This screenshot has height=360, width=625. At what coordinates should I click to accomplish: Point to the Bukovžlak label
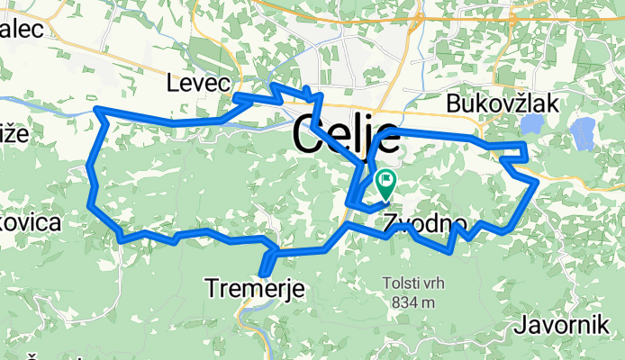coord(503,103)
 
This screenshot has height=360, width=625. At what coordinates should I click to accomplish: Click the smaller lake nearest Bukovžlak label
coord(533,123)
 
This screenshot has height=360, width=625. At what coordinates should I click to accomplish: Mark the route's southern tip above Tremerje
coord(263,274)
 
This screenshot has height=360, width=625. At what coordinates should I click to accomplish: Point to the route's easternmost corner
coord(537,181)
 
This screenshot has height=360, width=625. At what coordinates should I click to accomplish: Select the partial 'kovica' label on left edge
coord(31,222)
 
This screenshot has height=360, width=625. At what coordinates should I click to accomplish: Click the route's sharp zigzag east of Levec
coord(272,88)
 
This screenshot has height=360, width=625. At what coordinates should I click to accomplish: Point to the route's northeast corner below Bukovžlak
coord(523,144)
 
